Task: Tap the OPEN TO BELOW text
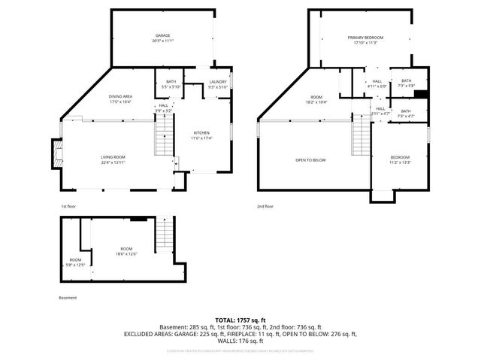point(310,159)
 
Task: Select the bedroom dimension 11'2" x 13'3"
point(400,162)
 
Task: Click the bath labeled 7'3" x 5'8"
point(406,85)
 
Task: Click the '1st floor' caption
point(68,205)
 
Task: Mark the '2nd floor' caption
point(265,205)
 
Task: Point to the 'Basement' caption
point(68,297)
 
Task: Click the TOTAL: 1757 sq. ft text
point(240,320)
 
